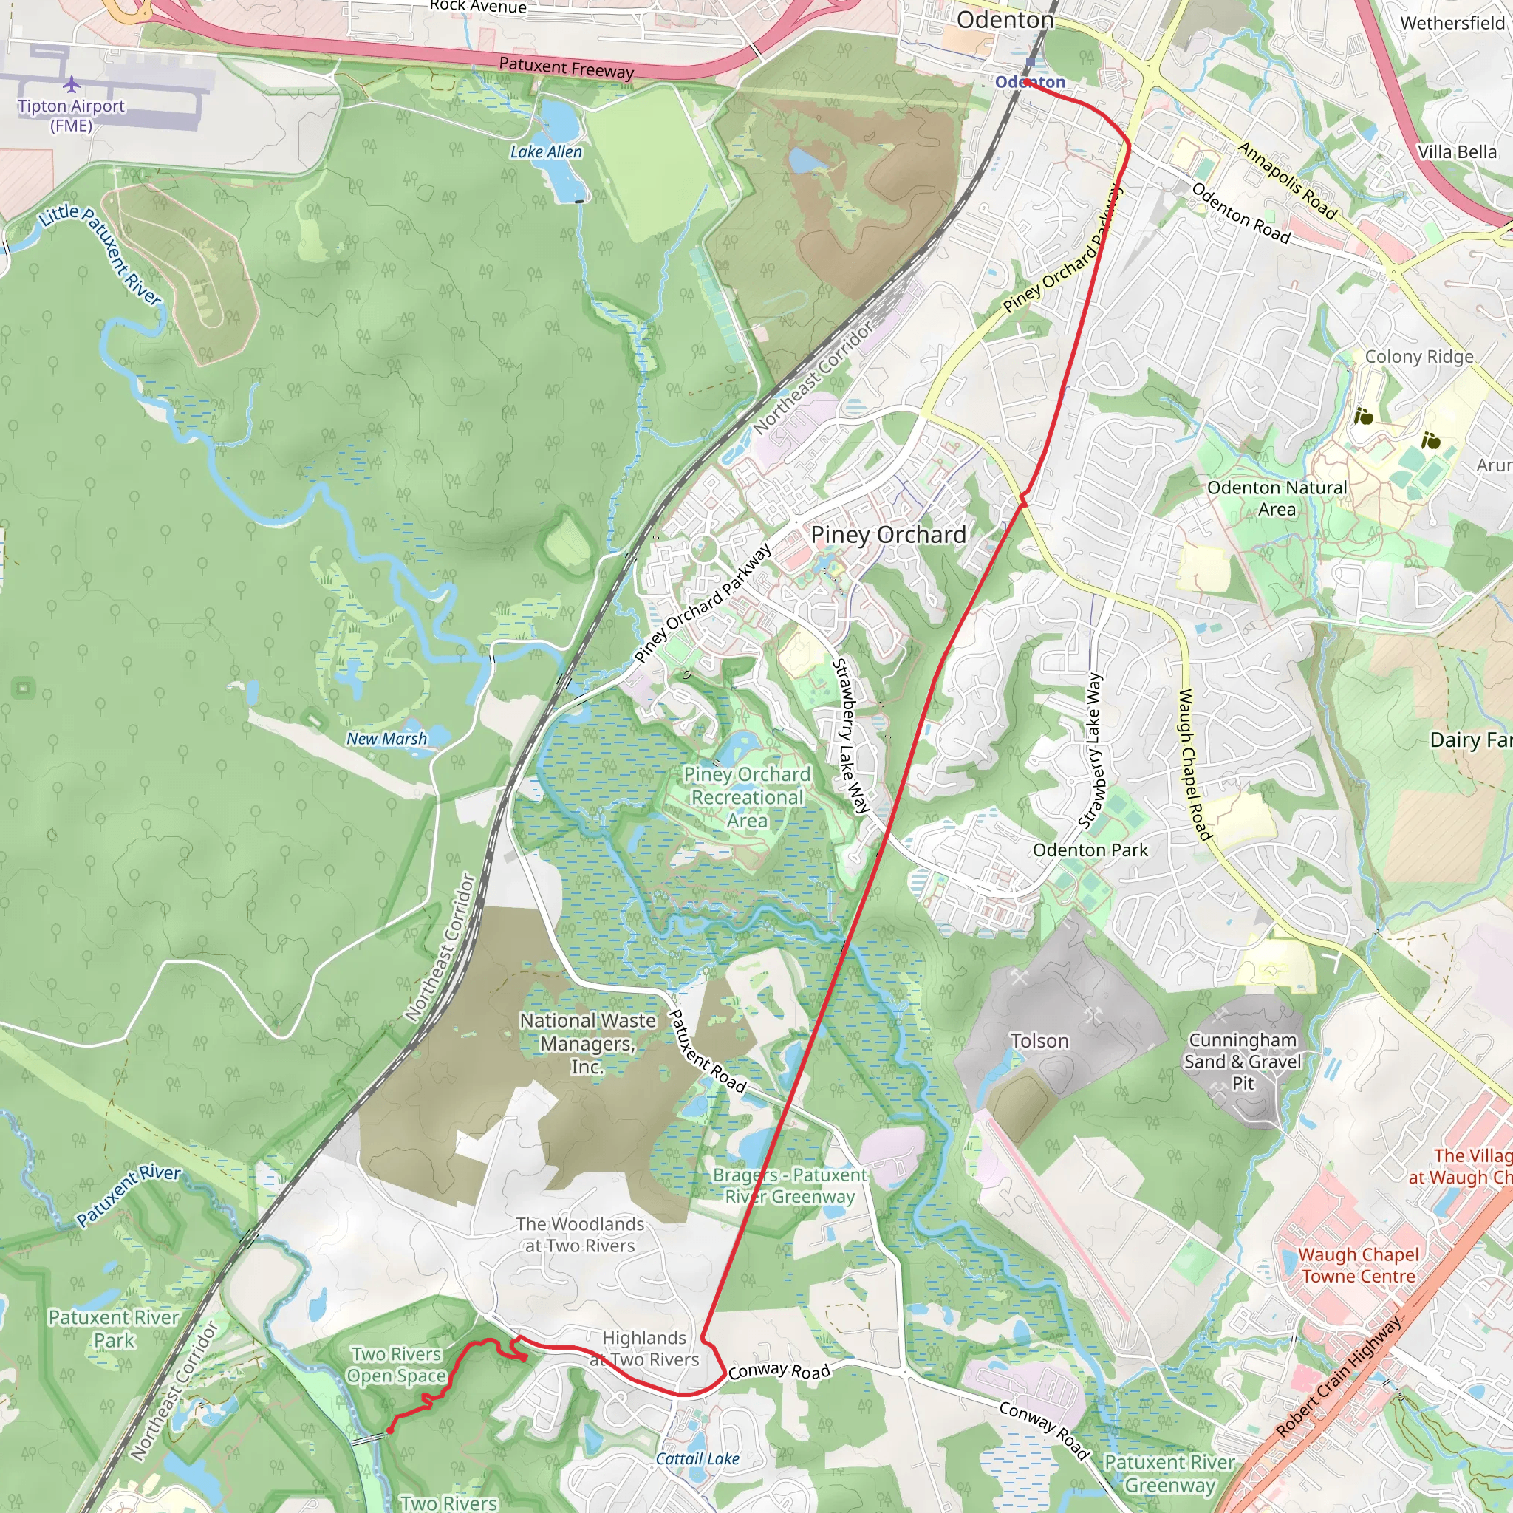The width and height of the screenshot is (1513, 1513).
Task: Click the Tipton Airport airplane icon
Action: coord(71,83)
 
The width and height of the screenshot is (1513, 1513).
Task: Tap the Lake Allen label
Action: coord(546,152)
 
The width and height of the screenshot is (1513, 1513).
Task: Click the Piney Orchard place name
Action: coord(888,535)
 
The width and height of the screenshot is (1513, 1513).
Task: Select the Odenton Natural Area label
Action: coord(1277,498)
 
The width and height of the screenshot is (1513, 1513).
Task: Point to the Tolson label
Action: coord(1039,1041)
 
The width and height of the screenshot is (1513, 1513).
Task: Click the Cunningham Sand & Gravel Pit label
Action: coord(1242,1061)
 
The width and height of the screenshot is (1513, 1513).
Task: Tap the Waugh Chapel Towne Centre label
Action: coord(1358,1265)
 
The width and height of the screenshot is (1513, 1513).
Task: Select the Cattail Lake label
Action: coord(697,1458)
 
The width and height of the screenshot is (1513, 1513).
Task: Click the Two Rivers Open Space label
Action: coord(396,1365)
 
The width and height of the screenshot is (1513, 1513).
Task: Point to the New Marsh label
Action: coord(387,739)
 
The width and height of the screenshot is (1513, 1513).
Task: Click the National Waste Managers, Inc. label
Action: coord(587,1043)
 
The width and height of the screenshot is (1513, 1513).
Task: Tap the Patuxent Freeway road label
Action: coord(566,68)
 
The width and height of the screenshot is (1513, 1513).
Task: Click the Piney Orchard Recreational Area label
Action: coord(747,797)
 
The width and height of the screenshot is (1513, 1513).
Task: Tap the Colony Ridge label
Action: coord(1419,357)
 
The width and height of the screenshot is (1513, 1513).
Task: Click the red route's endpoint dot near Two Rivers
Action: coord(390,1430)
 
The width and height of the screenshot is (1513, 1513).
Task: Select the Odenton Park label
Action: coord(1090,850)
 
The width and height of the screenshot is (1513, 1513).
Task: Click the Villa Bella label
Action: coord(1457,152)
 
